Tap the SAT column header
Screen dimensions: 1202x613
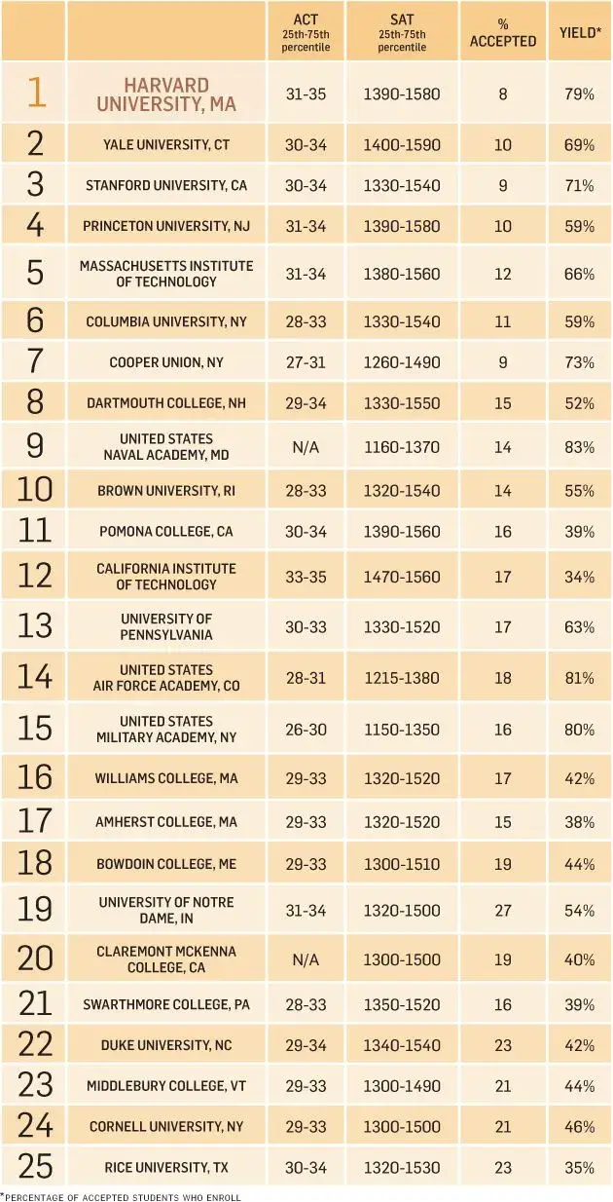[401, 31]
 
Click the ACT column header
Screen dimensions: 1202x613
[306, 31]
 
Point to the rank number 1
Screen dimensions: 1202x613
[34, 93]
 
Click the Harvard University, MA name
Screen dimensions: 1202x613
[166, 94]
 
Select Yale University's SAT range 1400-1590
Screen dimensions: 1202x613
[401, 144]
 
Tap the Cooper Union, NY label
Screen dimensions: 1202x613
[166, 362]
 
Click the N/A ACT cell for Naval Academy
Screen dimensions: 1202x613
[306, 447]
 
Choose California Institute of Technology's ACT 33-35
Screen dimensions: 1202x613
[306, 577]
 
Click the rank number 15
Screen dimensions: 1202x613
[34, 729]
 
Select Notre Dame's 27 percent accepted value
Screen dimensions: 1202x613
[502, 910]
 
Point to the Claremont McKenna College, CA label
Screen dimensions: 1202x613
[166, 958]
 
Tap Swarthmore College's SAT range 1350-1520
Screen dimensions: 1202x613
[401, 1004]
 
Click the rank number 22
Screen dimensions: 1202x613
[34, 1045]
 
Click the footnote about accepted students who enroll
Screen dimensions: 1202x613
[122, 1195]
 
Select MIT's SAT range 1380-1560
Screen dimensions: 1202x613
[401, 274]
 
